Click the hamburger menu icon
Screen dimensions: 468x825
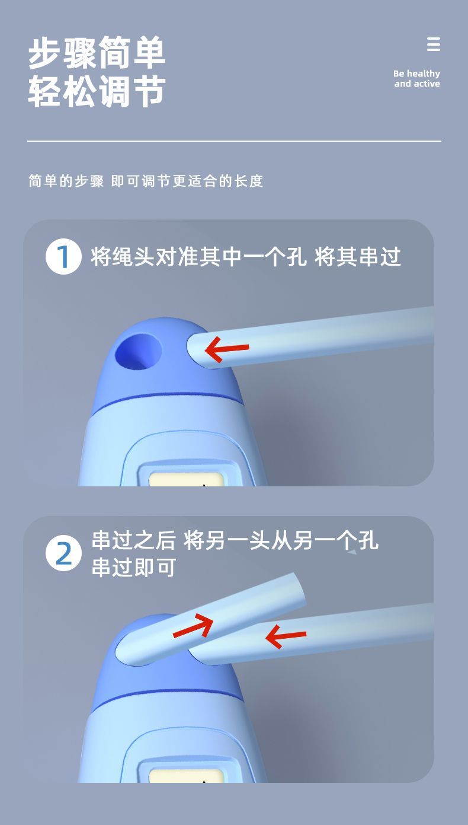coord(434,44)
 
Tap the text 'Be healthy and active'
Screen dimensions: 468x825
coord(417,79)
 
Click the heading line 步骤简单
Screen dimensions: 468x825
coord(97,53)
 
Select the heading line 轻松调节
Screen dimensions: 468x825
coord(97,91)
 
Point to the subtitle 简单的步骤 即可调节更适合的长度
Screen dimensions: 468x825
coord(146,181)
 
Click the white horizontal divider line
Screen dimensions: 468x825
coord(235,141)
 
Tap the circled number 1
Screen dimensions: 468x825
coord(63,256)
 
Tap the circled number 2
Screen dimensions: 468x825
coord(63,553)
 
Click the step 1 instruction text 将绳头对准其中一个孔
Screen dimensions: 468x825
coord(198,256)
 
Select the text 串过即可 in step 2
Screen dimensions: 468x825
coord(133,567)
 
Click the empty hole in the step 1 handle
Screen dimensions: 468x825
coord(139,351)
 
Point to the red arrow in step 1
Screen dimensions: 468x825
coord(227,349)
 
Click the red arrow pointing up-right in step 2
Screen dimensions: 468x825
coord(194,625)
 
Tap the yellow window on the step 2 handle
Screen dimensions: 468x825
coord(186,776)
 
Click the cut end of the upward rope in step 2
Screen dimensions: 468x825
coord(300,588)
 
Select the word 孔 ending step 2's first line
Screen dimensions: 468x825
coord(368,540)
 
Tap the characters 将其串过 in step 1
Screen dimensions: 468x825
coord(357,256)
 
